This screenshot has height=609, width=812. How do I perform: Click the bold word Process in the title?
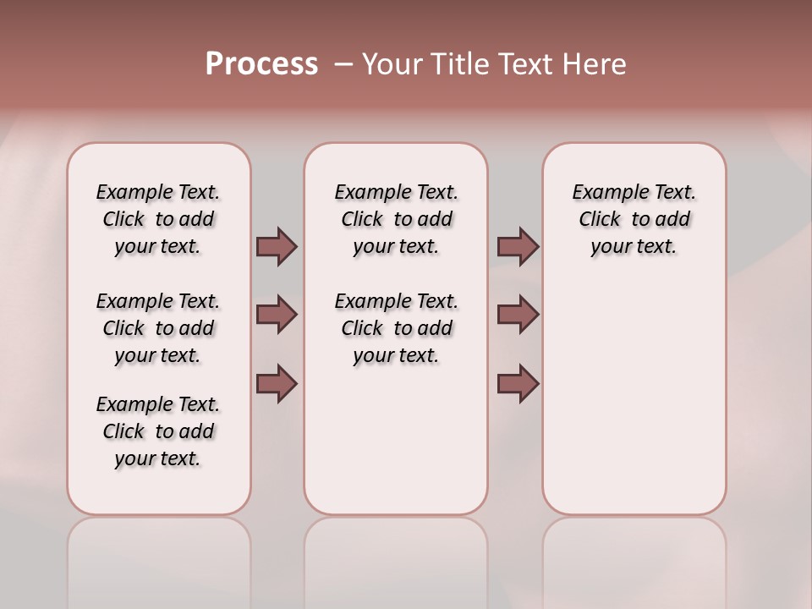[261, 64]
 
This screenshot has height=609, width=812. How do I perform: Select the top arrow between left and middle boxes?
[277, 246]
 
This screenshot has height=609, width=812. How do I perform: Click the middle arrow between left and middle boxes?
[277, 315]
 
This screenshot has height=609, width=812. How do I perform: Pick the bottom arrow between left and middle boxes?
[277, 383]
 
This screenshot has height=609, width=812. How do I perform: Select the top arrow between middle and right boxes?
[518, 246]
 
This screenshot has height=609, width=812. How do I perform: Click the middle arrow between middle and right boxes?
[518, 315]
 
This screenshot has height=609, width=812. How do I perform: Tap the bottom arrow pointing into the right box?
[518, 383]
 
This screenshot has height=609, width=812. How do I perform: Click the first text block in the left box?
[158, 219]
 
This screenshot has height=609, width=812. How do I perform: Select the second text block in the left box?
[158, 328]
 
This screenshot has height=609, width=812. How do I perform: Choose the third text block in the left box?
[158, 431]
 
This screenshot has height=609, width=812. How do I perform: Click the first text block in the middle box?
[396, 219]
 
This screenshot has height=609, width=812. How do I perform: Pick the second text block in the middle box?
[396, 328]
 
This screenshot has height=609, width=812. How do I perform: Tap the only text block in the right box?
[634, 219]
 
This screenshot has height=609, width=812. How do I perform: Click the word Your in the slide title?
[390, 64]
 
